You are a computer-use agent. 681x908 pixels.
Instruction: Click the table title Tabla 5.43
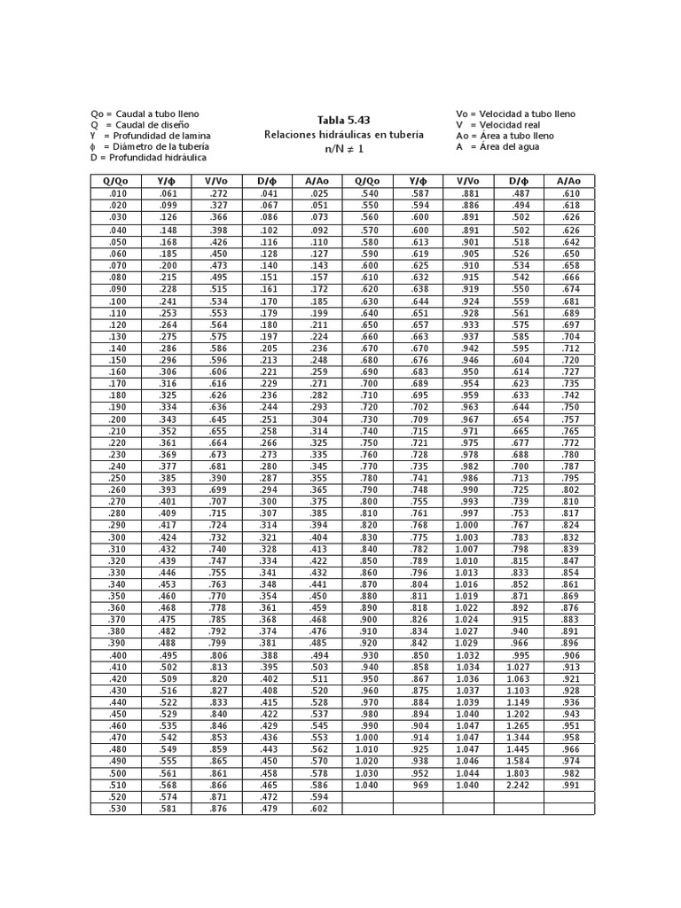point(344,120)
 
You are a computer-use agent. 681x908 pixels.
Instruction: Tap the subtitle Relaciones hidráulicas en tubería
point(344,134)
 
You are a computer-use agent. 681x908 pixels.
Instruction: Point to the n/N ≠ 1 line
point(344,149)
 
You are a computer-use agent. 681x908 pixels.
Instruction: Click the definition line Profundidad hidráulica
point(148,157)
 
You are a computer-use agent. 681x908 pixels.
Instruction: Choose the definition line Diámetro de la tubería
point(150,146)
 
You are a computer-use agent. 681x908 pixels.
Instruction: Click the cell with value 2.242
point(518,785)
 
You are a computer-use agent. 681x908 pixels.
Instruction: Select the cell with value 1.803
point(518,772)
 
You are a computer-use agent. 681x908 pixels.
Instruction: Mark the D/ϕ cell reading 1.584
point(518,761)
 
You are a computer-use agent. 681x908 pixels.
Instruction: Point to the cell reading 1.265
point(518,725)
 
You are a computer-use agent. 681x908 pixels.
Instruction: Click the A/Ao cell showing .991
point(570,785)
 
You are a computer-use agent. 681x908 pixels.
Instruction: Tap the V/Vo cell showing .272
point(216,193)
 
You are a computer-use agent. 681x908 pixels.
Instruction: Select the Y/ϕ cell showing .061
point(167,193)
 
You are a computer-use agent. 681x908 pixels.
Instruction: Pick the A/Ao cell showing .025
point(317,193)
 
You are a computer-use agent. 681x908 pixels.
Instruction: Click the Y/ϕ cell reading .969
point(419,785)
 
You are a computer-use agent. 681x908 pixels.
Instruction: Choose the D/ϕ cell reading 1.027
point(518,666)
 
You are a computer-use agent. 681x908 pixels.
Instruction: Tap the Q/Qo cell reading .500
point(116,772)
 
